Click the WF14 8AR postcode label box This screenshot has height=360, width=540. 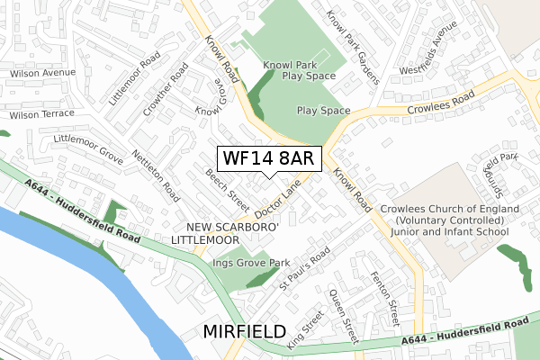(267, 159)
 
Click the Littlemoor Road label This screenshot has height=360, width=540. (135, 78)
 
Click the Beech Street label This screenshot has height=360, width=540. (227, 186)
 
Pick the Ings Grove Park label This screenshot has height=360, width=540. (249, 263)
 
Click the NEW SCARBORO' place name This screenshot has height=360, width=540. (234, 227)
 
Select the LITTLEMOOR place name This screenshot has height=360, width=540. (205, 240)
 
